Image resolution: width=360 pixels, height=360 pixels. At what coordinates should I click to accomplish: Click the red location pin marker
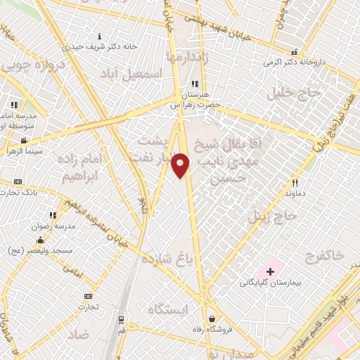click(x=181, y=165)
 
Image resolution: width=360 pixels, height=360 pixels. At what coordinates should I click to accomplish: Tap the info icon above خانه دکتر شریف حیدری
click(x=100, y=36)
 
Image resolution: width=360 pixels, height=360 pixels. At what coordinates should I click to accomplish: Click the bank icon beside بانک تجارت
click(x=18, y=181)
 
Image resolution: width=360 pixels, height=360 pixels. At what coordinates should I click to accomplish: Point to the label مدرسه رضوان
click(x=49, y=226)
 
